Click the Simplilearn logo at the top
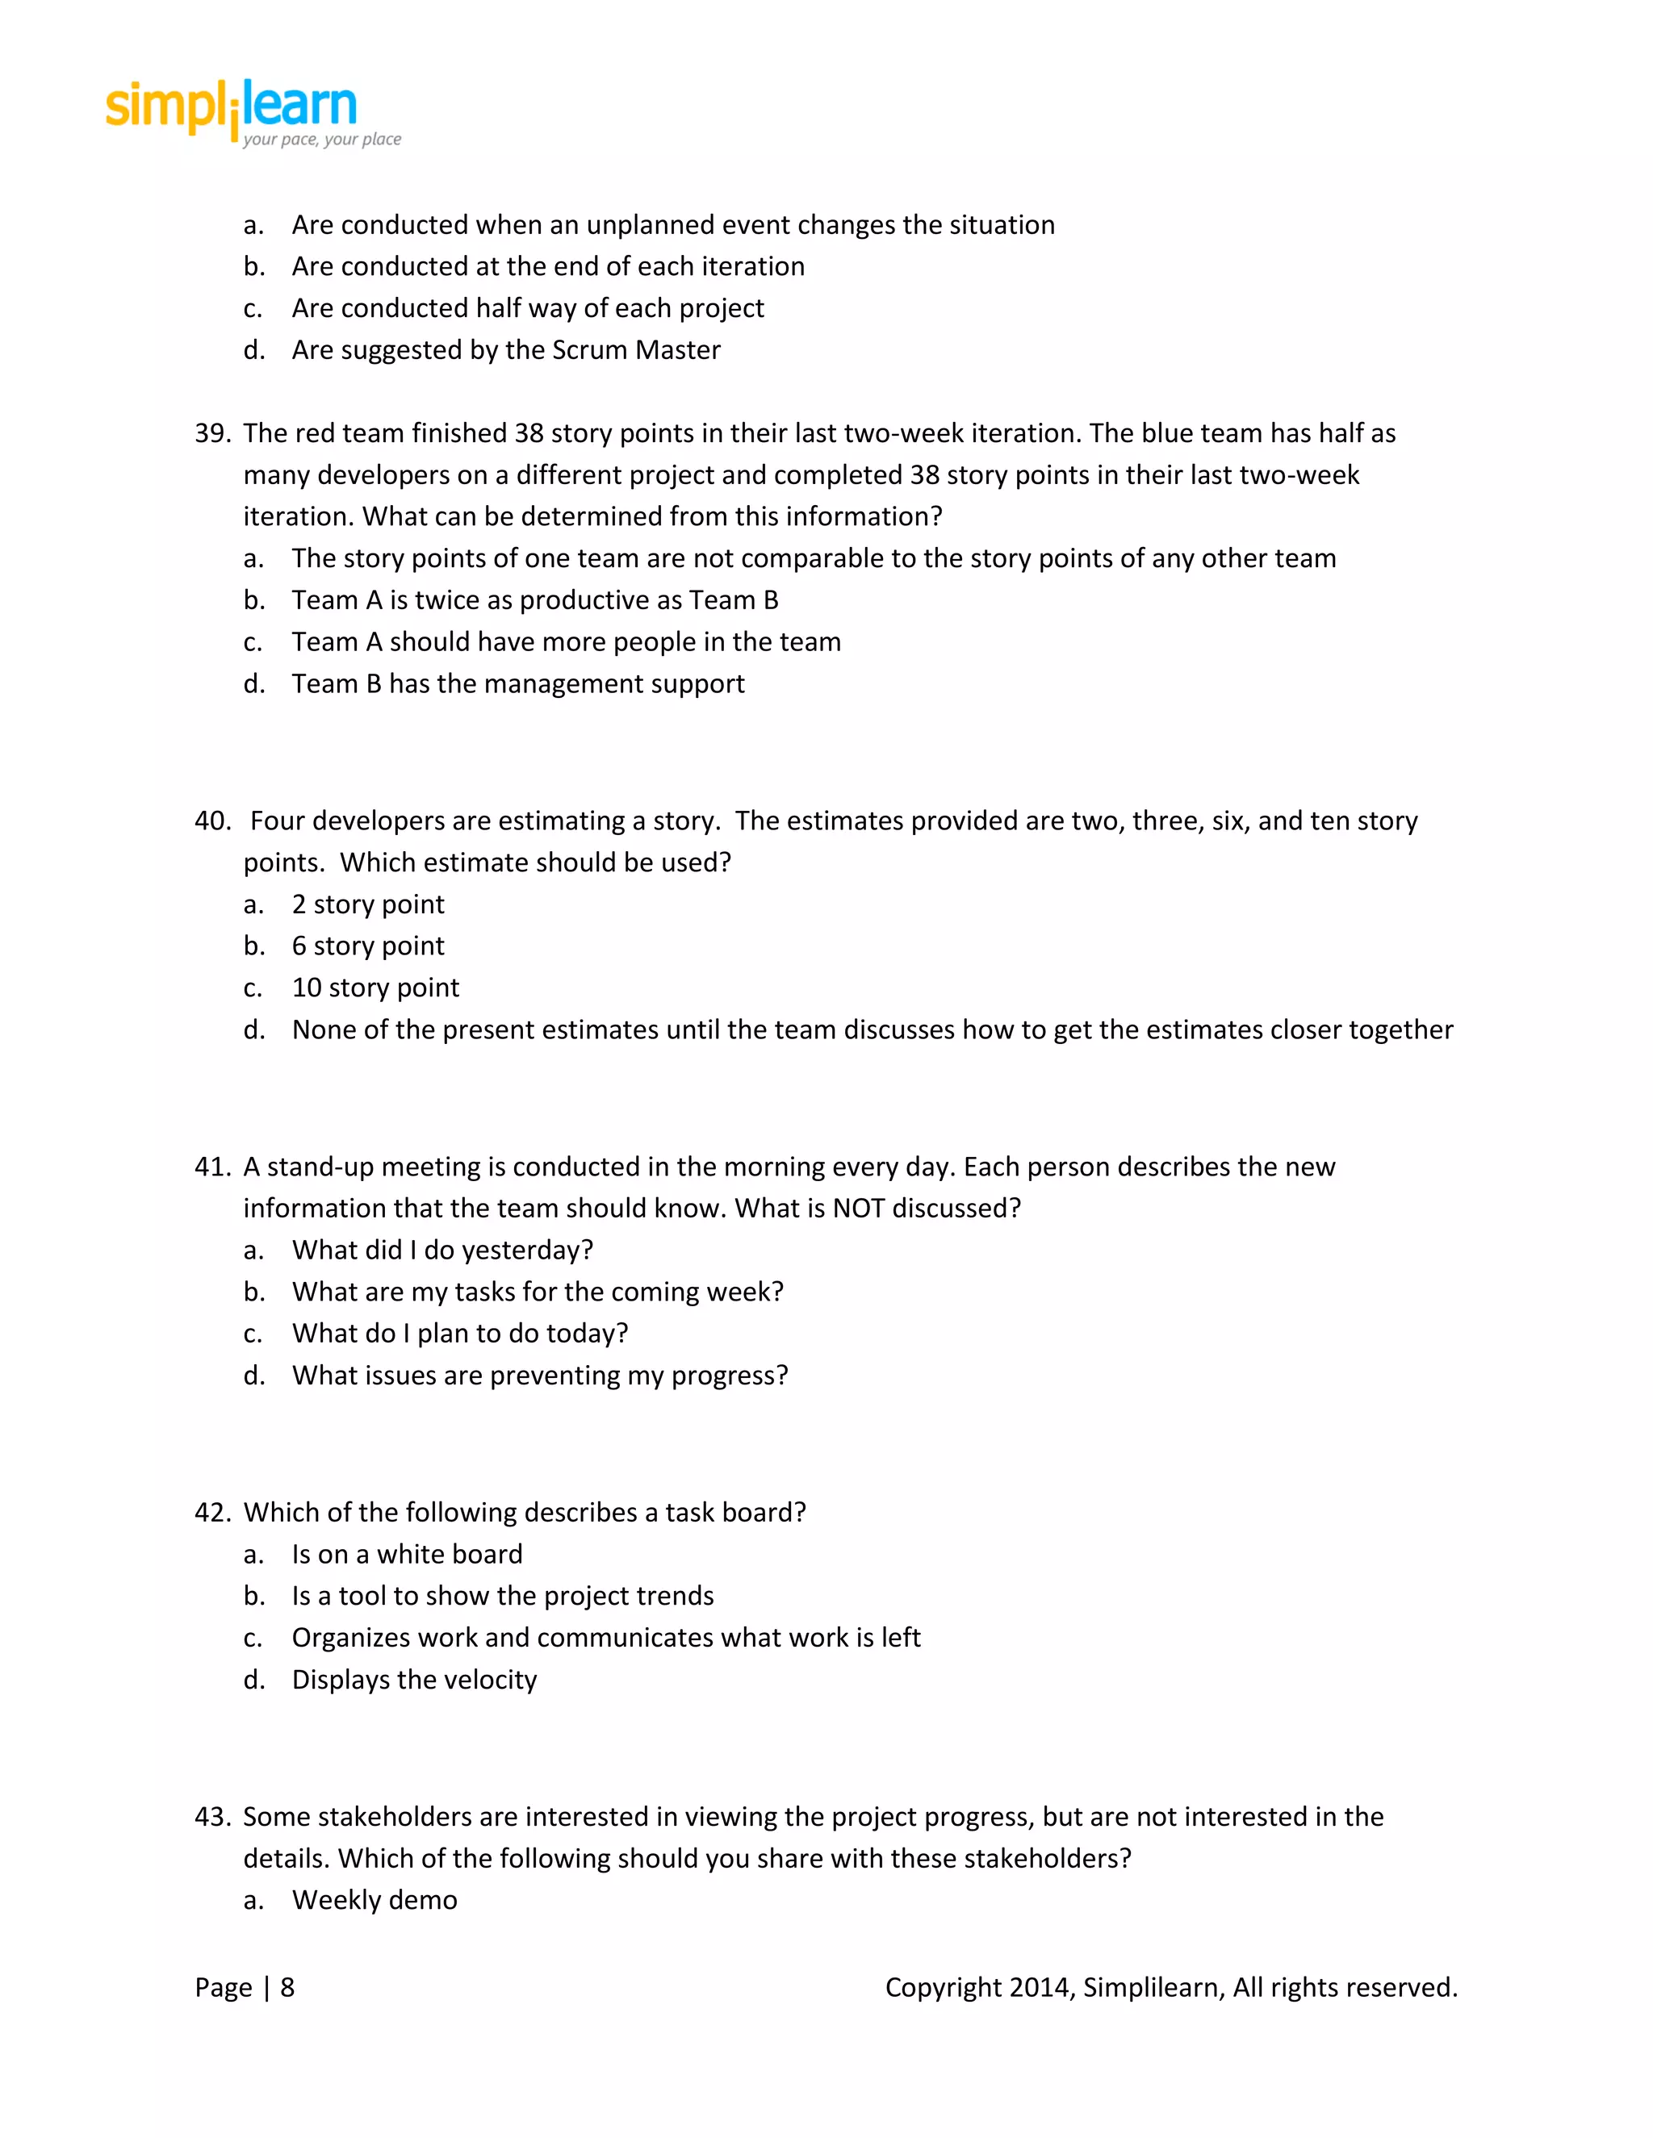tap(232, 106)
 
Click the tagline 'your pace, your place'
tap(322, 140)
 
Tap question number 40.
tap(211, 821)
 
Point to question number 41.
tap(211, 1167)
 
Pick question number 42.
tap(211, 1513)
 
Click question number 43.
tap(211, 1817)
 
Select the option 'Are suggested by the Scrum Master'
tap(505, 350)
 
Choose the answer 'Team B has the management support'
tap(517, 684)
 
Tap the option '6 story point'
tap(367, 946)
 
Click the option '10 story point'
tap(375, 988)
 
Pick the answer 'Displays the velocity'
tap(414, 1680)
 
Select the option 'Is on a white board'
tap(407, 1555)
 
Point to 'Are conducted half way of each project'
tap(527, 308)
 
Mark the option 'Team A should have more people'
tap(566, 642)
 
